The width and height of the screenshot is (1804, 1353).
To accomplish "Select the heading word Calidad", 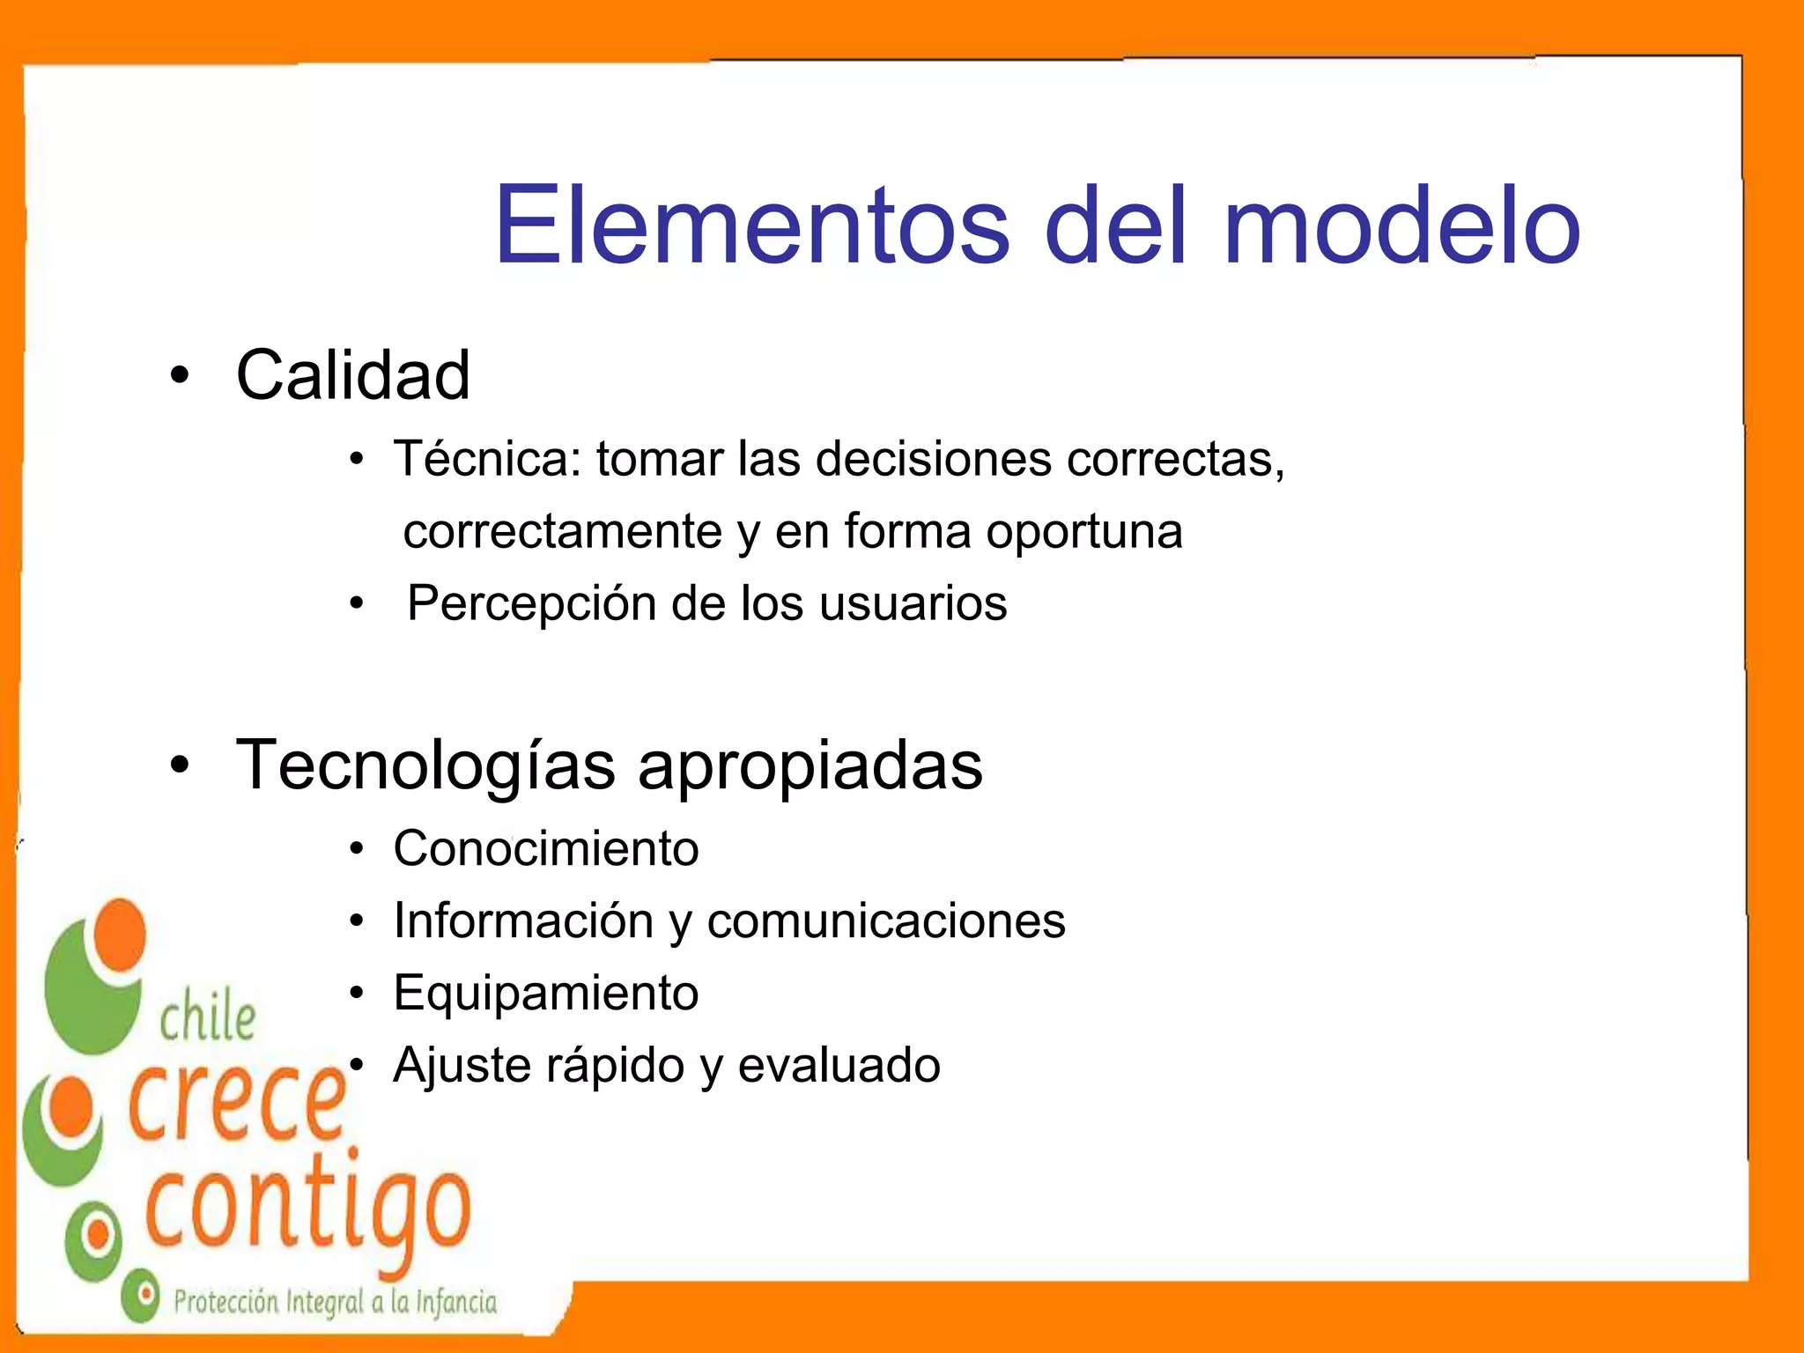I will click(x=352, y=375).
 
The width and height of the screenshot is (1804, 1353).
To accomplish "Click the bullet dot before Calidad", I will click(x=180, y=376).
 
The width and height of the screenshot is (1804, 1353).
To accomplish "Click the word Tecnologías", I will click(x=425, y=765).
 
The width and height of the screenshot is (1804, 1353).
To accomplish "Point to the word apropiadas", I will click(x=810, y=766).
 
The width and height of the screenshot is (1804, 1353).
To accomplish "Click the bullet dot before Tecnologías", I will click(x=180, y=765).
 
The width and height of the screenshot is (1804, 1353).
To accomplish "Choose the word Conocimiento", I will click(x=546, y=848).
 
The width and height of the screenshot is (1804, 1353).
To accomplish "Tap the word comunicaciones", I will click(x=886, y=921).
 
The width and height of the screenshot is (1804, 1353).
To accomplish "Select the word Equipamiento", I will click(x=546, y=994).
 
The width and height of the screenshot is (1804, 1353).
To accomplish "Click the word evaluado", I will click(x=839, y=1066).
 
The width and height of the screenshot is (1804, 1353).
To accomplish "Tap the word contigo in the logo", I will click(x=308, y=1211).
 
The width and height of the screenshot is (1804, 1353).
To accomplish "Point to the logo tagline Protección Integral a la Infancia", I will click(x=335, y=1302).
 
